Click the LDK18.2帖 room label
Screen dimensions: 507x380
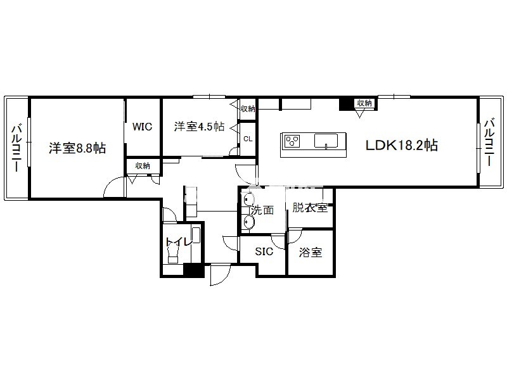click(x=402, y=145)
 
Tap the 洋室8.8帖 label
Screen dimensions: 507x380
click(x=77, y=148)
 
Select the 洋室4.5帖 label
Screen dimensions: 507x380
click(x=199, y=126)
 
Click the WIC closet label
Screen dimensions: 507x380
click(x=142, y=126)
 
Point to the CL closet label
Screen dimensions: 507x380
click(x=248, y=139)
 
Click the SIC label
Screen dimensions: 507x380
click(x=264, y=251)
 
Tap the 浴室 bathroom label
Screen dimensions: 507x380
click(x=311, y=252)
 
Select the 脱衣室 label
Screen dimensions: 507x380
click(x=310, y=208)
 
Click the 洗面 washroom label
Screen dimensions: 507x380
click(x=262, y=210)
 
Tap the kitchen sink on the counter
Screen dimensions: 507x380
click(x=326, y=141)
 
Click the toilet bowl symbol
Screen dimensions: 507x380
click(x=173, y=253)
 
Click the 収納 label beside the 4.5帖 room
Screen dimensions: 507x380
click(x=248, y=108)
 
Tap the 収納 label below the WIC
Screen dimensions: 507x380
click(x=142, y=166)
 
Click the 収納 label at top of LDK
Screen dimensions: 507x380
click(x=364, y=103)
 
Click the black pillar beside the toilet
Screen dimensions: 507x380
click(x=194, y=270)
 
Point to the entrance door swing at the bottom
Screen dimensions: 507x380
click(x=220, y=275)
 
